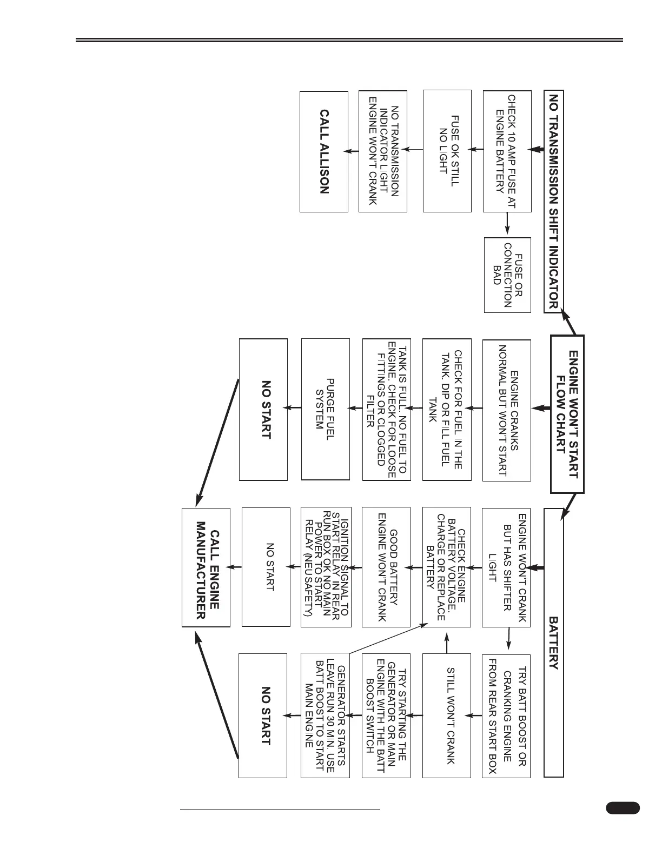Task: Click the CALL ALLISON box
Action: pyautogui.click(x=324, y=152)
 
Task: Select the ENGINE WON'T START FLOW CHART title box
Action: pyautogui.click(x=567, y=414)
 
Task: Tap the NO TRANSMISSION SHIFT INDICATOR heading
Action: pyautogui.click(x=554, y=202)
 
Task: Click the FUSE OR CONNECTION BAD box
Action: pyautogui.click(x=507, y=275)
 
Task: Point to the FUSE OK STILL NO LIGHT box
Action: pyautogui.click(x=447, y=150)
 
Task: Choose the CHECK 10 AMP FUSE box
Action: pyautogui.click(x=507, y=151)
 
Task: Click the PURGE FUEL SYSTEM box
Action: pyautogui.click(x=325, y=409)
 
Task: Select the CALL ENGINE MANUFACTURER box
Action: pyautogui.click(x=206, y=567)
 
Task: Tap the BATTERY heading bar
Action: pyautogui.click(x=554, y=643)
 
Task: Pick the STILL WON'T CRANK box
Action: pyautogui.click(x=447, y=715)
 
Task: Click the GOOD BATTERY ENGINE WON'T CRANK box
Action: pyautogui.click(x=386, y=567)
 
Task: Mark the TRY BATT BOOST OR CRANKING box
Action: pyautogui.click(x=506, y=715)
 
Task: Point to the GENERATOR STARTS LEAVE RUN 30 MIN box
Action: pyautogui.click(x=325, y=715)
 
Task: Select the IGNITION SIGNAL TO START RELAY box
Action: pyautogui.click(x=326, y=567)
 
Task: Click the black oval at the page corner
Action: pyautogui.click(x=623, y=807)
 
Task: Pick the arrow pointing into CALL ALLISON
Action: pyautogui.click(x=353, y=151)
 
